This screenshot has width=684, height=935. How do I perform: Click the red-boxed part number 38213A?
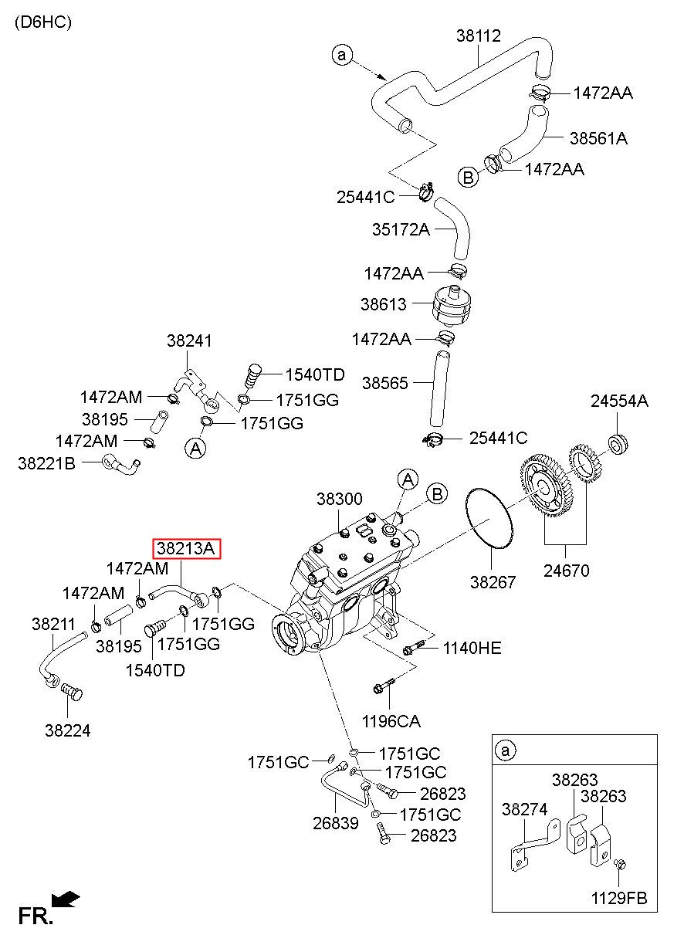coord(187,548)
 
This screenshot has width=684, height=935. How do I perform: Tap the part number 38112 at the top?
coord(478,36)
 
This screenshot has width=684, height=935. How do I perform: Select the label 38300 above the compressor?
coord(339,499)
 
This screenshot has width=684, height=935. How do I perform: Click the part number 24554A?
coord(619,401)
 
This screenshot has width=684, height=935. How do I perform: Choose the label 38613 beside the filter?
coord(383,304)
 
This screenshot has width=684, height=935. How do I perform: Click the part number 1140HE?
coord(472,649)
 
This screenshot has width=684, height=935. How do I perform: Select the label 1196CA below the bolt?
coord(391,722)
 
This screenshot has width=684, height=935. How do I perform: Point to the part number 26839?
coord(336,823)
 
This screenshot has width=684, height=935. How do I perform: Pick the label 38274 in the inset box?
coord(525,810)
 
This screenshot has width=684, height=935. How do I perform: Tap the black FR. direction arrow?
coord(66,899)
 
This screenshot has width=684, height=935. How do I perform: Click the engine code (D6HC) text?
coord(43,22)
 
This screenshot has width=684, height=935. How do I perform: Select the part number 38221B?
coord(46,463)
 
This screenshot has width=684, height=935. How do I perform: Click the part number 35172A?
coord(401,229)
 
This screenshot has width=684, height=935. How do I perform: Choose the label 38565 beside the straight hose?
coord(384,383)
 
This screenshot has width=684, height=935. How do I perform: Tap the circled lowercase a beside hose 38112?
coord(342,55)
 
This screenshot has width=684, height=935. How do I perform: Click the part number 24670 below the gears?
coord(567,571)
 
